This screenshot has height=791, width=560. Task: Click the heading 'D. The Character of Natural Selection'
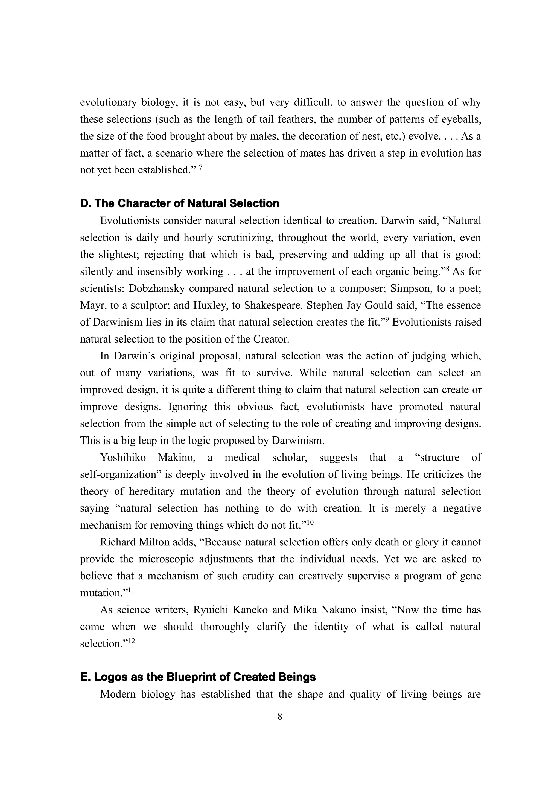coord(180,203)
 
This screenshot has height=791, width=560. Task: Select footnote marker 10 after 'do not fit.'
coord(310,523)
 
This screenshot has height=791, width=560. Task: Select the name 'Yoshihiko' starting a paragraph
coord(123,458)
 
